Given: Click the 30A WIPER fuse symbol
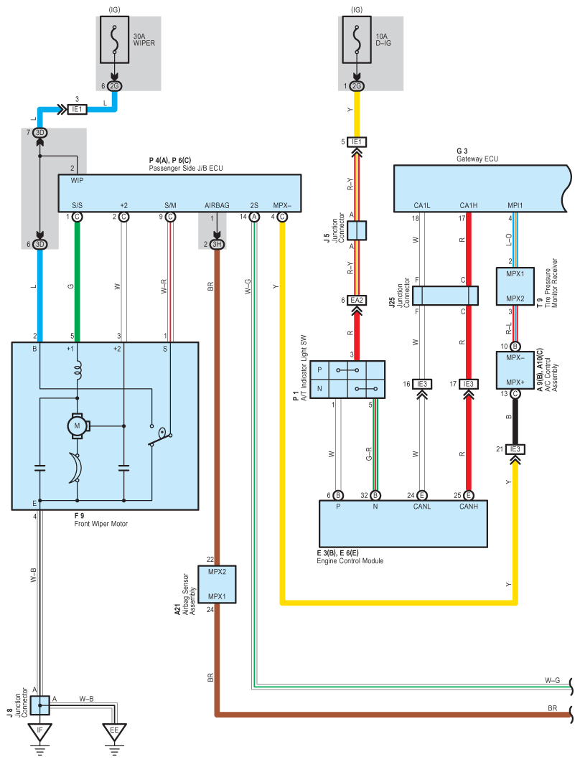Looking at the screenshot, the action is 115,40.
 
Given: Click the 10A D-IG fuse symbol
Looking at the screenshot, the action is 357,40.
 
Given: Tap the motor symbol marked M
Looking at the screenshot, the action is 77,426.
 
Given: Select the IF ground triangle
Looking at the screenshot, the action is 40,731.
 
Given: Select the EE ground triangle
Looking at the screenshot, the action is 114,731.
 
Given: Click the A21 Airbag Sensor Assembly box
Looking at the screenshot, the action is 217,584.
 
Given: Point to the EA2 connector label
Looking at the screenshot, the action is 357,301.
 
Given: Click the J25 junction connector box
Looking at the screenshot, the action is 445,296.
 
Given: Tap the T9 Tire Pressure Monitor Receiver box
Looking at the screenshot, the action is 515,286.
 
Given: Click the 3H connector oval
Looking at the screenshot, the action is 217,245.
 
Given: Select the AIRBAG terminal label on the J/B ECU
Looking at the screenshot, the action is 217,205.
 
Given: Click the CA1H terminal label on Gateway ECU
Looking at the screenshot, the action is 469,205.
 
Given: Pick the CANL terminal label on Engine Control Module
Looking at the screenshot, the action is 422,507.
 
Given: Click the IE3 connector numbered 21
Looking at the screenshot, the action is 515,449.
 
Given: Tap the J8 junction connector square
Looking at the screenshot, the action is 40,705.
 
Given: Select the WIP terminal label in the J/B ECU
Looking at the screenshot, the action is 78,180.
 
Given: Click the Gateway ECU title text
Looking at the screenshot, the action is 477,159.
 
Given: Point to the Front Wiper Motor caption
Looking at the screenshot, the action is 100,524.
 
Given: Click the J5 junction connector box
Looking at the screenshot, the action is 357,231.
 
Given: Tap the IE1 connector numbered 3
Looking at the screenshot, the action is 77,109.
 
